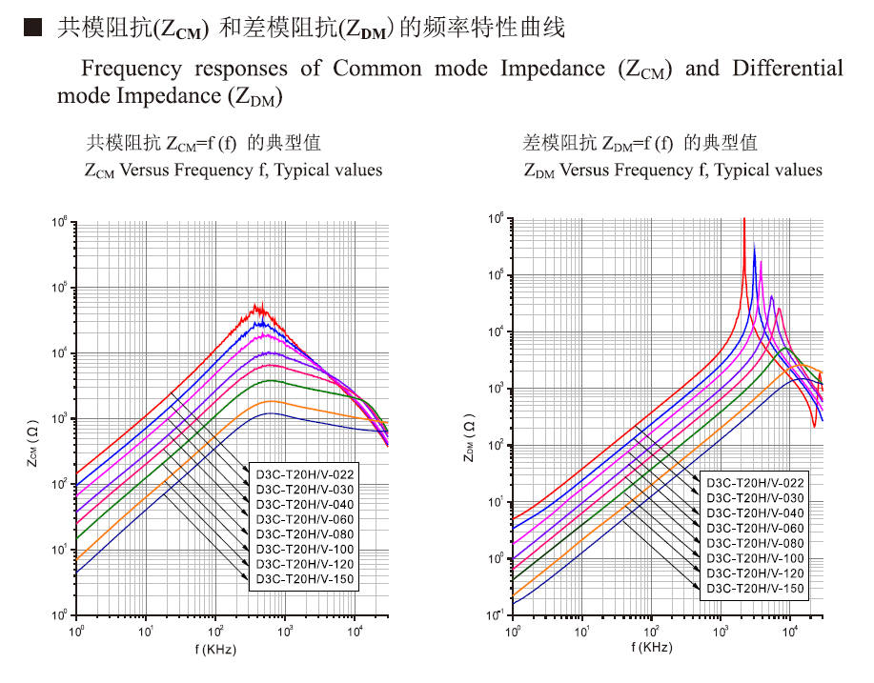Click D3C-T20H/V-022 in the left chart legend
304,473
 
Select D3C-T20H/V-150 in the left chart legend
304,578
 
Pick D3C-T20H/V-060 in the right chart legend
755,528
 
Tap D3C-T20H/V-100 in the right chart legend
755,558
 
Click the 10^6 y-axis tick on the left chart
59,223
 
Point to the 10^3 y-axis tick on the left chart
59,419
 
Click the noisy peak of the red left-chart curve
257,309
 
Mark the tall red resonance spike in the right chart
743,221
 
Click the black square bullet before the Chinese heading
31,29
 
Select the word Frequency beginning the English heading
131,69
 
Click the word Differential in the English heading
787,69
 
